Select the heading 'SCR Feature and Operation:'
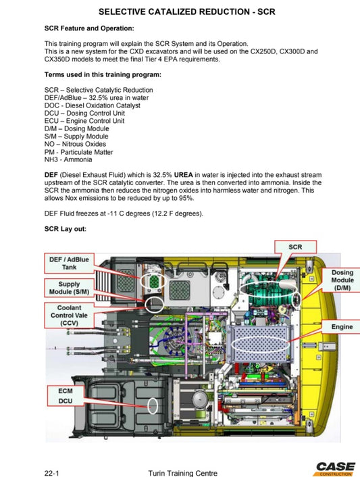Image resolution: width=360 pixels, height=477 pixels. (x=88, y=28)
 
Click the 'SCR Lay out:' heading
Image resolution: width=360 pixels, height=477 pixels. (x=65, y=228)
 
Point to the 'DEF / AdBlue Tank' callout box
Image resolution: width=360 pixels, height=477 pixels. (x=70, y=263)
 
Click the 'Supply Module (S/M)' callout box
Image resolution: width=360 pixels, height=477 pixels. (x=69, y=288)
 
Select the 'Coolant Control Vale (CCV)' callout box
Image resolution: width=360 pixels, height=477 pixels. (x=69, y=315)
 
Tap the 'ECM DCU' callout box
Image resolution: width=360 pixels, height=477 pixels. (x=66, y=395)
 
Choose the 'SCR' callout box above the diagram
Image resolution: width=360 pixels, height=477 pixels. (x=295, y=247)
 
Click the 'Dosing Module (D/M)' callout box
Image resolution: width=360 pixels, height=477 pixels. (x=342, y=280)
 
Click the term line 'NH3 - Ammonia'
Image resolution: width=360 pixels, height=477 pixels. (x=70, y=159)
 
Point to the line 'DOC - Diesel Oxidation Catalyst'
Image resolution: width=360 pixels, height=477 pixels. (x=92, y=106)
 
